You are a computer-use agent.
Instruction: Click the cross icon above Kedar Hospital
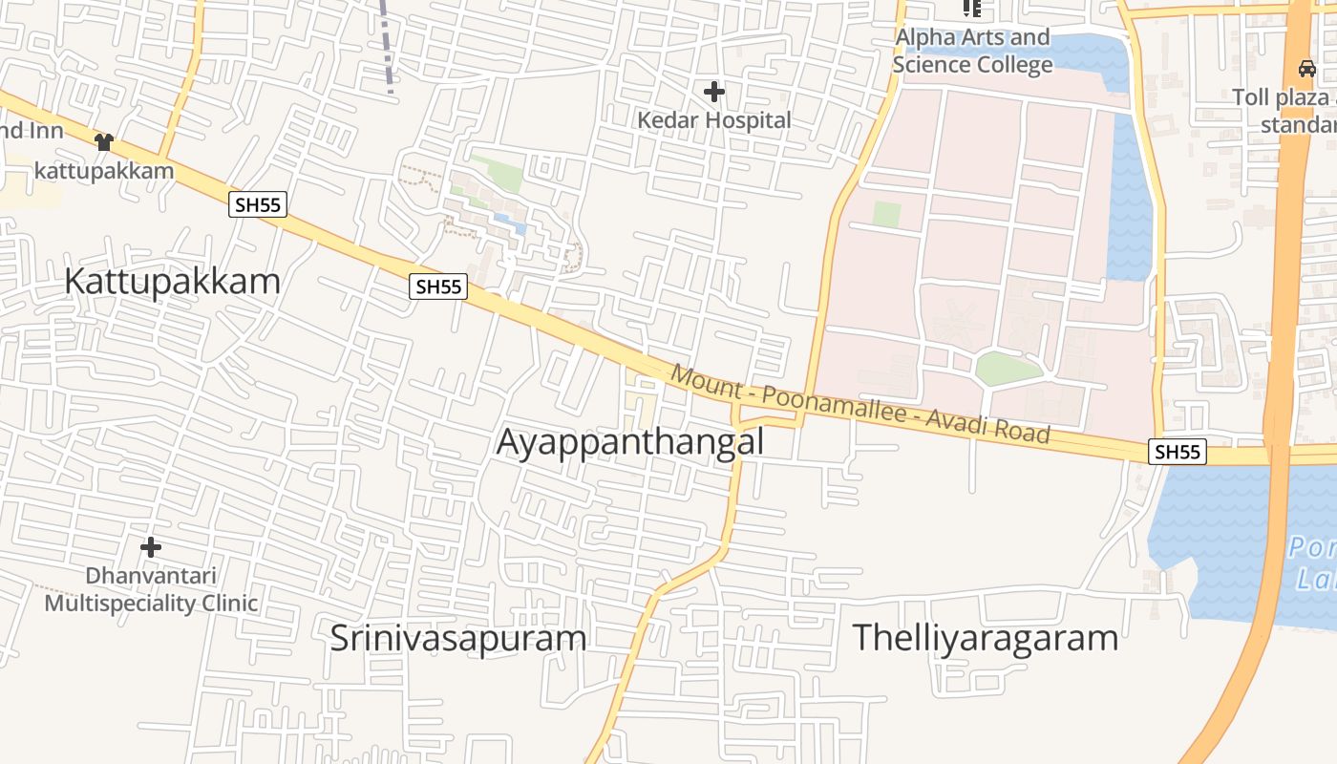tap(713, 92)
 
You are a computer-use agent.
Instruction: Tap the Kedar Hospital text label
tap(714, 120)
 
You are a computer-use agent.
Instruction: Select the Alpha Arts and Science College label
tap(972, 52)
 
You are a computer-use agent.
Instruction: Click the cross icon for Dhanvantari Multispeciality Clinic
tap(150, 547)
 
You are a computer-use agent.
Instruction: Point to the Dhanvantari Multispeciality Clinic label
tap(151, 589)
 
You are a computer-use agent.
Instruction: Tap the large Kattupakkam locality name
tap(173, 282)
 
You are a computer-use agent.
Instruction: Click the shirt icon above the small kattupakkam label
tap(103, 142)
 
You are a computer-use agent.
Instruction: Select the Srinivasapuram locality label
tap(457, 638)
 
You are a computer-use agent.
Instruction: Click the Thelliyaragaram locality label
tap(985, 637)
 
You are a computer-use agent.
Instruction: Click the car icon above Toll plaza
tap(1306, 69)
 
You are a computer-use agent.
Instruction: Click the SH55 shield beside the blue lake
tap(1178, 452)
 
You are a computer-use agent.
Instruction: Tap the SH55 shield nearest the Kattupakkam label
tap(258, 203)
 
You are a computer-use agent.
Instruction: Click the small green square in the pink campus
tap(886, 214)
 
